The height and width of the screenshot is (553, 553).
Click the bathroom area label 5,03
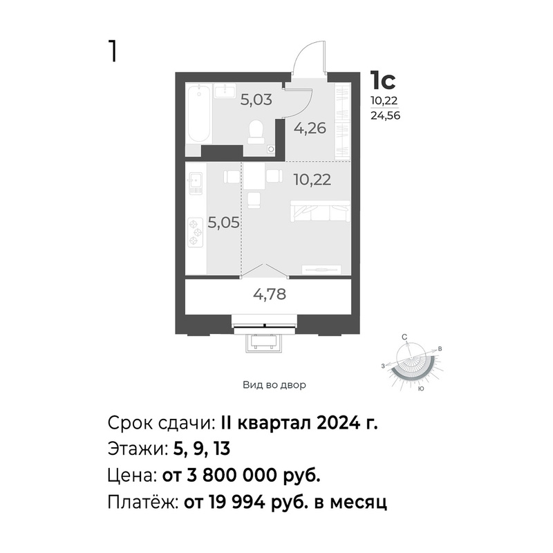pos(256,100)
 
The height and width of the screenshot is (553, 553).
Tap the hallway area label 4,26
pos(310,128)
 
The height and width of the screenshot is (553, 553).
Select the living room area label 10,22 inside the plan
pos(312,180)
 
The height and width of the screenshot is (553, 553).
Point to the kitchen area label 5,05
pos(223,223)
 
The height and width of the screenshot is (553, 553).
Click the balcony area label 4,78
pos(270,294)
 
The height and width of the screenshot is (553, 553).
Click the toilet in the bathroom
pos(256,132)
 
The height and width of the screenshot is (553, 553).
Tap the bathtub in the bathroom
pos(199,114)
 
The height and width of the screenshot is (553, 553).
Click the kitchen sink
pos(196,183)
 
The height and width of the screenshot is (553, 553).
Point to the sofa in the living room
pos(320,212)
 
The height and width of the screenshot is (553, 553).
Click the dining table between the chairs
pos(254,176)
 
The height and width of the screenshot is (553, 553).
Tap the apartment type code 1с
pos(383,81)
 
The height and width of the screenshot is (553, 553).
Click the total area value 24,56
pos(385,115)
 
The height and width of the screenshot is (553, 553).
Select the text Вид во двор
pos(274,385)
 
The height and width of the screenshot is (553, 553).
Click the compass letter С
pos(404,337)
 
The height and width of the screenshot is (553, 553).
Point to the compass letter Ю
pos(420,388)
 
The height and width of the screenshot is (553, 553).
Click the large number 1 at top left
pos(113,51)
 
